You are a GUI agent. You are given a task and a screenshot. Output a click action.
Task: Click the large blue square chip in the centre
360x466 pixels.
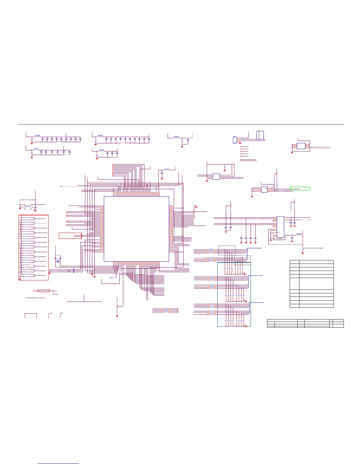[136, 229]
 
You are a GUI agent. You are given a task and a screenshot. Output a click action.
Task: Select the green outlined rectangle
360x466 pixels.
[300, 188]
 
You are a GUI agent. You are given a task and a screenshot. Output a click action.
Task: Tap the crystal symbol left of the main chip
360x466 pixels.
[58, 261]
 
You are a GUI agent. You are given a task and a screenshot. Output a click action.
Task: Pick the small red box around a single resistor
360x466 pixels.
[44, 291]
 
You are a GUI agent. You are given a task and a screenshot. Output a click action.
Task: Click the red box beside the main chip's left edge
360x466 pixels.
[70, 236]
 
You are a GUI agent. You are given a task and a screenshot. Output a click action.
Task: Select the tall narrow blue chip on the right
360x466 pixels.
[280, 227]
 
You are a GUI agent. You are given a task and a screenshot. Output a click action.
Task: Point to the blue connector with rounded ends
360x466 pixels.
[234, 140]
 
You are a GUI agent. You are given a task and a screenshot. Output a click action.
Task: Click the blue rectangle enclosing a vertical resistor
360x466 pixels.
[260, 135]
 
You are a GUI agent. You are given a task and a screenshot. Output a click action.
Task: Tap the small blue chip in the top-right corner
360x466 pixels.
[301, 146]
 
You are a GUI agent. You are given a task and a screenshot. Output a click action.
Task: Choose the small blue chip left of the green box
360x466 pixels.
[264, 190]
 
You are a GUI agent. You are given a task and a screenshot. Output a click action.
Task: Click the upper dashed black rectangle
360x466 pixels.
[227, 250]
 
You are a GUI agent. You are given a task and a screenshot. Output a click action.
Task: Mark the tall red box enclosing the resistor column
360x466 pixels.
[34, 247]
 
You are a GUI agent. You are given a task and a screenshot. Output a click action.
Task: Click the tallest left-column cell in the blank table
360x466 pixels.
[294, 284]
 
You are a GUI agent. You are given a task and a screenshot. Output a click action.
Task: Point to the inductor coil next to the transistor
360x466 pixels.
[299, 234]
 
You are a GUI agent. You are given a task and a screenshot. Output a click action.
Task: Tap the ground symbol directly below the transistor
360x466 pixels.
[303, 253]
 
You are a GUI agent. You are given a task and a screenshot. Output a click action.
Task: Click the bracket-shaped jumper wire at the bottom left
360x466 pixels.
[31, 314]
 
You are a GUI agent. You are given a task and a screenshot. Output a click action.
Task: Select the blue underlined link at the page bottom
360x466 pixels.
[58, 464]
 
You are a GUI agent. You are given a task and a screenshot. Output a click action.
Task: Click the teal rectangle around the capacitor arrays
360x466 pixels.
[234, 294]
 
